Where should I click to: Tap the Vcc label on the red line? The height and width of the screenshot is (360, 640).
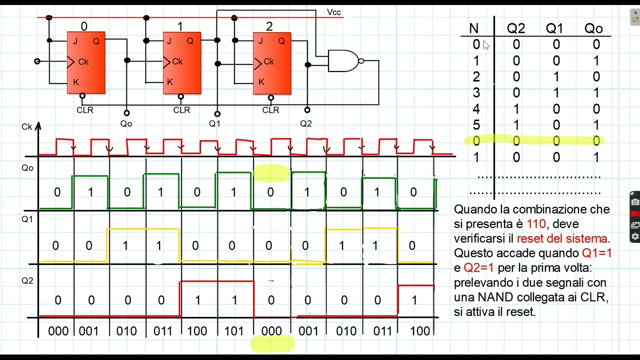click(x=333, y=12)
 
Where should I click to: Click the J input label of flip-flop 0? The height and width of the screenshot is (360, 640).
click(x=75, y=41)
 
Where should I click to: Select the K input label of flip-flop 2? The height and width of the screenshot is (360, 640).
click(x=261, y=82)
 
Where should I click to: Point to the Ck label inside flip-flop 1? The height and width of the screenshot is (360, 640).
click(x=177, y=61)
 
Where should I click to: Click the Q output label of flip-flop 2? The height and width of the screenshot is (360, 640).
click(x=281, y=41)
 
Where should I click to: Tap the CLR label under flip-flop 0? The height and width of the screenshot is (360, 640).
click(x=85, y=110)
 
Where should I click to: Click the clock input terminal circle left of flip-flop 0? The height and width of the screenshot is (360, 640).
click(x=37, y=61)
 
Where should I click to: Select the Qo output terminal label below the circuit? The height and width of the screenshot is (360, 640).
click(x=126, y=123)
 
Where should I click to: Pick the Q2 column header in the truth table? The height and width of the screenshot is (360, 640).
click(x=516, y=28)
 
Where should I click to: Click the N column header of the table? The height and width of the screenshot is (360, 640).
click(x=473, y=28)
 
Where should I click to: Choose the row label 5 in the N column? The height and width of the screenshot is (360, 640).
click(x=476, y=125)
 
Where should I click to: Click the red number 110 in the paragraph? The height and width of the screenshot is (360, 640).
click(x=536, y=223)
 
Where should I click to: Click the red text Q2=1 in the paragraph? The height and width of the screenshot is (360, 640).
click(x=478, y=267)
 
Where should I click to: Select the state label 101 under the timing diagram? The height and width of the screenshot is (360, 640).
click(x=233, y=331)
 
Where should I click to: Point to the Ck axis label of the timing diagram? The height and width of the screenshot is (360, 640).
click(x=27, y=126)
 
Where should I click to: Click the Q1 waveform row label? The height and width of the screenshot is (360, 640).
click(x=27, y=219)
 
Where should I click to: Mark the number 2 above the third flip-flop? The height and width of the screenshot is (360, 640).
click(x=269, y=26)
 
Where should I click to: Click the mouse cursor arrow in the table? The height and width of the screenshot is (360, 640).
click(x=486, y=45)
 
